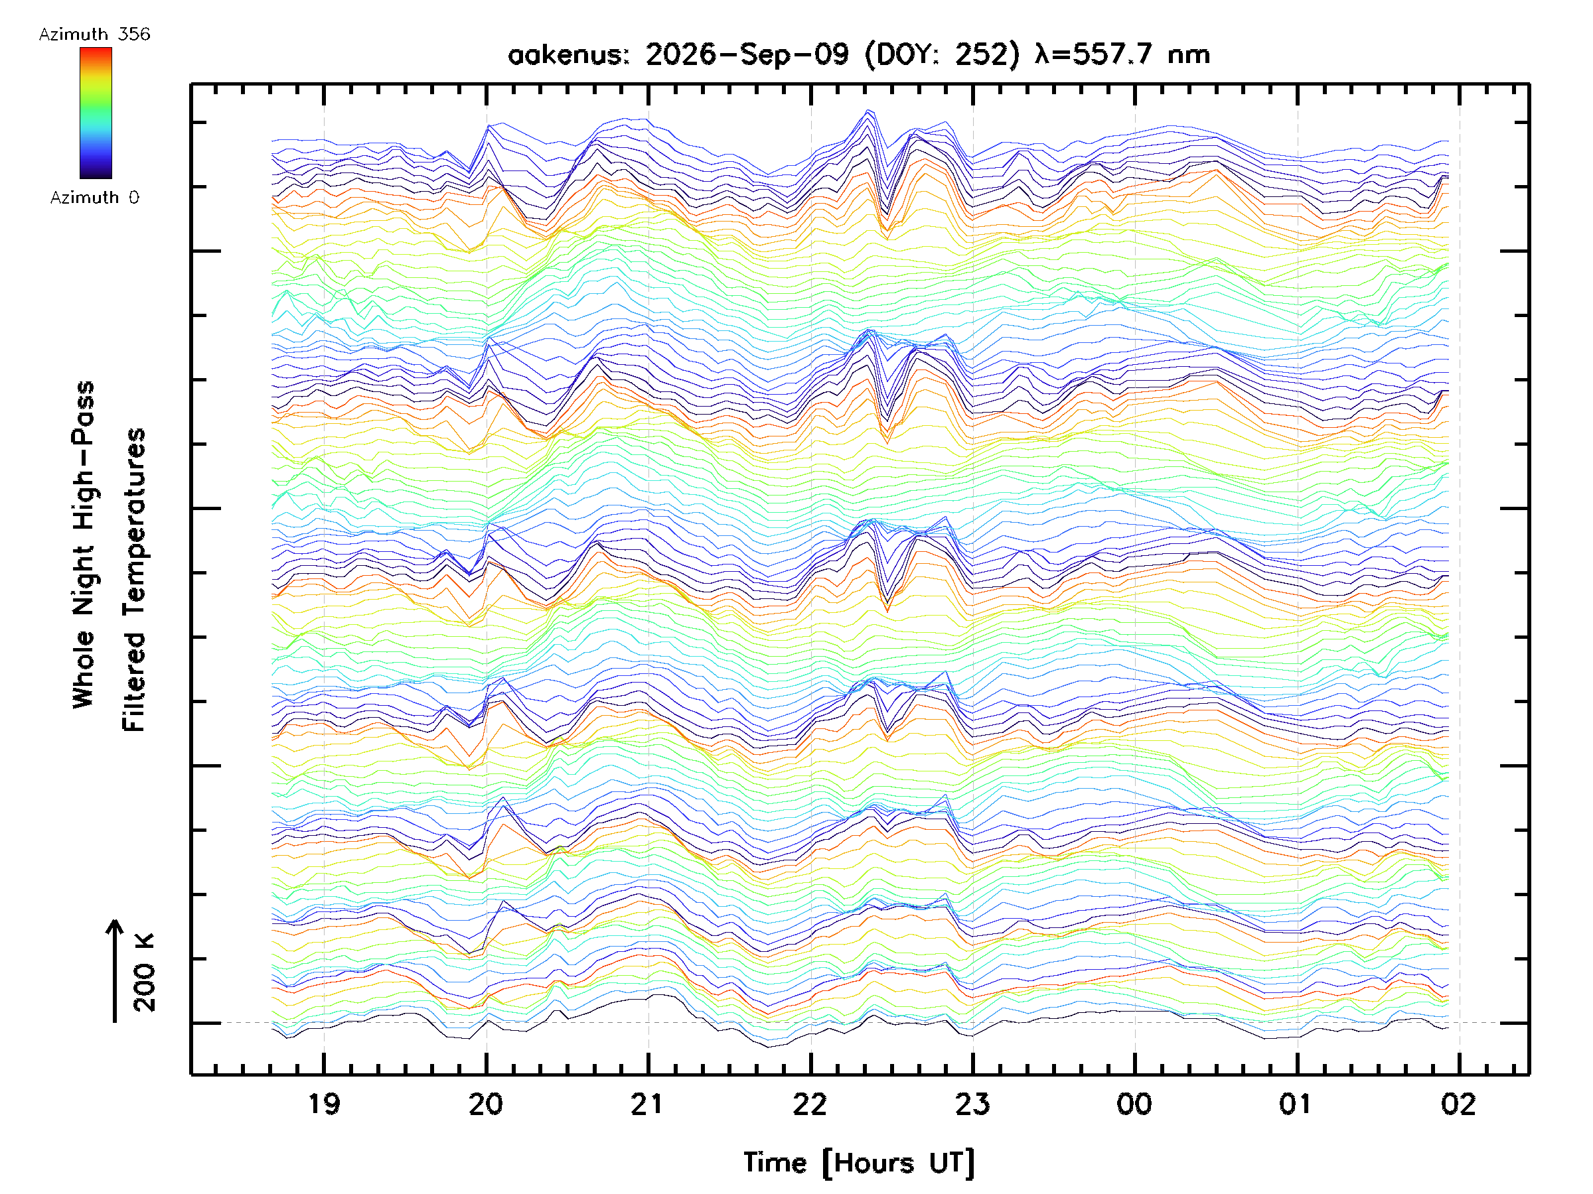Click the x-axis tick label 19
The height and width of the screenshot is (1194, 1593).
coord(324,1104)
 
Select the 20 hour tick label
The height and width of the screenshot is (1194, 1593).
coord(486,1104)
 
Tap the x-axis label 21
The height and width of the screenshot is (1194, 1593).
coord(647,1104)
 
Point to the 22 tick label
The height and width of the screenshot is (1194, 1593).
coord(810,1104)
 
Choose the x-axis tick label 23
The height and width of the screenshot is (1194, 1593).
coord(973,1104)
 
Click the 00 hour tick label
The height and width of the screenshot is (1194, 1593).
coord(1135,1104)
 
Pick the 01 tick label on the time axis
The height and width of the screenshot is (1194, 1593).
coord(1297,1104)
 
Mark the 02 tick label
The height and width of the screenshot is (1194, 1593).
coord(1459,1104)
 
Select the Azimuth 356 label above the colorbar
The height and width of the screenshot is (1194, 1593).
coord(94,34)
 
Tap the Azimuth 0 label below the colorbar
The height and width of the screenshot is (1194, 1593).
coord(94,197)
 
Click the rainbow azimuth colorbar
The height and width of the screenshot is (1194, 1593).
coord(96,113)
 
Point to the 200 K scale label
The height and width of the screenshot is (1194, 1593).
coord(145,972)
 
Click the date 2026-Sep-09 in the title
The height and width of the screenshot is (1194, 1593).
coord(747,54)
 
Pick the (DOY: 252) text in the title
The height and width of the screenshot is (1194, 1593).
coord(942,54)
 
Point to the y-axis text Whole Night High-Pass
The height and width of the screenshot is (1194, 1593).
coord(84,545)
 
